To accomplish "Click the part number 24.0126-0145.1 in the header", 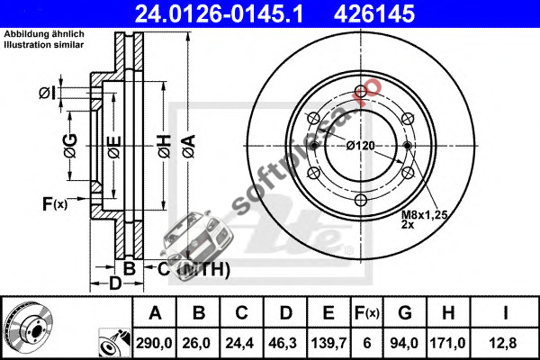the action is click(219, 13).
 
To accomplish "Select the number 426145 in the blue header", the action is click(374, 13).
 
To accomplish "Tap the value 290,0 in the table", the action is click(154, 343).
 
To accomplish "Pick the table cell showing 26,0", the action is click(197, 343).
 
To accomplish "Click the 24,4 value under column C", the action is click(240, 343).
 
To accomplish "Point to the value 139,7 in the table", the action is click(328, 343).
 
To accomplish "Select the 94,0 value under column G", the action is click(404, 343).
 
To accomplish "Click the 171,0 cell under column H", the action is click(447, 343).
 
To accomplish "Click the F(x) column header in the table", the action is click(367, 313).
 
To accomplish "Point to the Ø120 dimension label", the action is click(360, 146).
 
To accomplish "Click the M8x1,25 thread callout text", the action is click(425, 215).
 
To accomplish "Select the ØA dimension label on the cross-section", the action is click(189, 147).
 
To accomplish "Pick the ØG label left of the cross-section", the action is click(70, 146).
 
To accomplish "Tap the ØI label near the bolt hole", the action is click(47, 93).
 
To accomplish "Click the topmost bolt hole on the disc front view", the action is click(361, 91).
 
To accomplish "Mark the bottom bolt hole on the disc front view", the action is click(361, 200).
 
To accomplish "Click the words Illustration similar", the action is click(44, 44).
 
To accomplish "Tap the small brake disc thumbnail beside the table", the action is click(30, 328).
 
